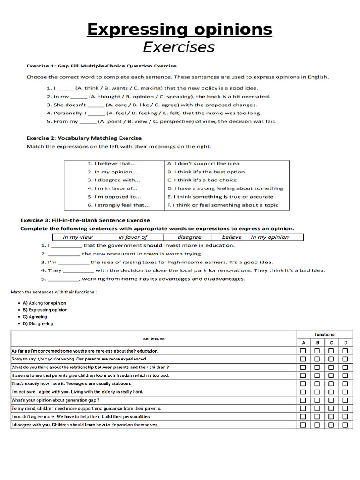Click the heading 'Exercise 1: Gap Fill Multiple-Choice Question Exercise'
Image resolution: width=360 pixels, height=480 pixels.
tap(101, 66)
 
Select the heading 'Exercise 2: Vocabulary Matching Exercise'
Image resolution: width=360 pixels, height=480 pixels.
tap(83, 138)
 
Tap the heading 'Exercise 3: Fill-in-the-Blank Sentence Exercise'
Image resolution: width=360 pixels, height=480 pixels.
tap(85, 220)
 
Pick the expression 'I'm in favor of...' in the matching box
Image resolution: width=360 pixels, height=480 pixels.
tap(111, 188)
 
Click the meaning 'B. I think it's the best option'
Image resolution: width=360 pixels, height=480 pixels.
tap(206, 172)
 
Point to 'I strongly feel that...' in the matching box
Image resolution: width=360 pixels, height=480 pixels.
tap(119, 205)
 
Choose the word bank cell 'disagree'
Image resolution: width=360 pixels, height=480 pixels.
tap(189, 237)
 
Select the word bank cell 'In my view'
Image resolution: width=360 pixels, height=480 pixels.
tap(78, 237)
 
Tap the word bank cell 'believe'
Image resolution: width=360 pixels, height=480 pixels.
tap(232, 237)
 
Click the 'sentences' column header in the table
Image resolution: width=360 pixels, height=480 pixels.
tap(154, 338)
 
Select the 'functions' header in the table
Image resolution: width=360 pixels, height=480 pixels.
tap(324, 335)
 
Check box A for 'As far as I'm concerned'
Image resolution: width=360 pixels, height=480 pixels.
tap(303, 351)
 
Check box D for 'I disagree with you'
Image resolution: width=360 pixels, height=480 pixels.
tap(345, 425)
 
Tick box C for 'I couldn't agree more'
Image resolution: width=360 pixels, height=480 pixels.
tap(331, 417)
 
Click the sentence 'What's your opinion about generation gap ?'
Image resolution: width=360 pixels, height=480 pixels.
tap(55, 400)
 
